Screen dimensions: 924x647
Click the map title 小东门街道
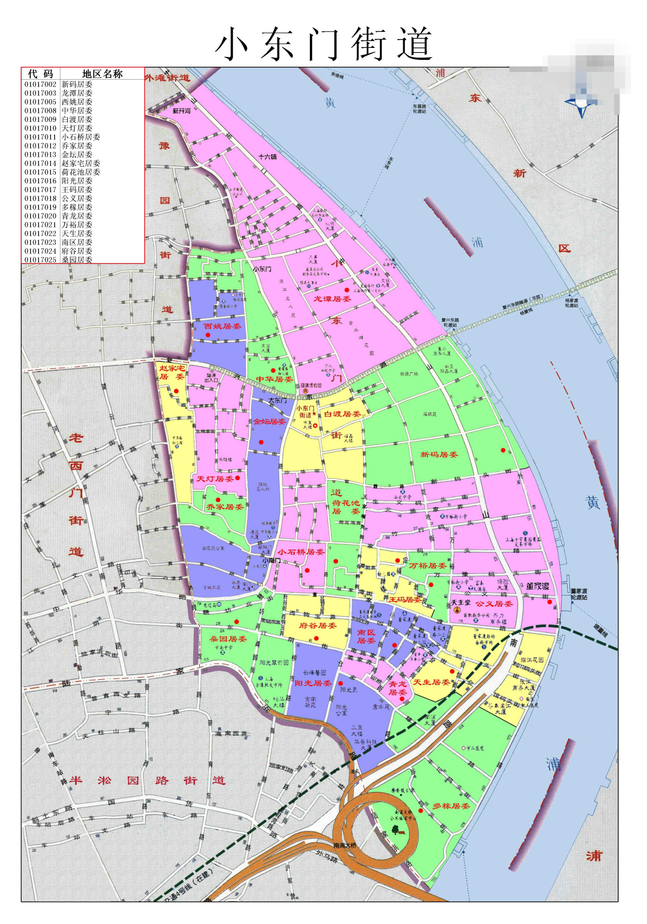point(323,44)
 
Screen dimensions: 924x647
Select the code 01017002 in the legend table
point(40,84)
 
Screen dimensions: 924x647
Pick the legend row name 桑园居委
point(77,259)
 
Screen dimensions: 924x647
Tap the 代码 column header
point(41,74)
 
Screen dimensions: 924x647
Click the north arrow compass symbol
point(581,104)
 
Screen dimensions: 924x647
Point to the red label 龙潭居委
point(332,299)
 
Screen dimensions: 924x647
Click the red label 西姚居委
point(222,327)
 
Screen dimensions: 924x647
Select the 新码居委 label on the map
point(439,455)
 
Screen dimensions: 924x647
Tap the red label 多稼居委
point(451,806)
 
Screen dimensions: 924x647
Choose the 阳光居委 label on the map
point(313,683)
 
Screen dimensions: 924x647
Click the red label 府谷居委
point(318,626)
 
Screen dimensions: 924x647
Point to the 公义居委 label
point(494,604)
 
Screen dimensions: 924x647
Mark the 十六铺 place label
point(268,157)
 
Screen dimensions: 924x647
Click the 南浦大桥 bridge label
point(345,845)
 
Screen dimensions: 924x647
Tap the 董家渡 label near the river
point(538,586)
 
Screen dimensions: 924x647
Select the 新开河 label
point(182,111)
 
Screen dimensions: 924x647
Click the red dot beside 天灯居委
point(238,478)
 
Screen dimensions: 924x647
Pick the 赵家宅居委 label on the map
point(171,372)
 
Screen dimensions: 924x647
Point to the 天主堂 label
point(461,603)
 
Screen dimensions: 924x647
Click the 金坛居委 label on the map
point(269,422)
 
